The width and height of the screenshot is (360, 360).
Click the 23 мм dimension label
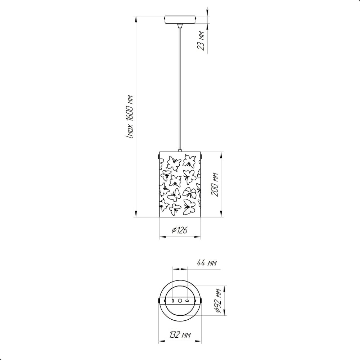(201, 40)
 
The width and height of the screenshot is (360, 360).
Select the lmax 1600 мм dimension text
(130, 117)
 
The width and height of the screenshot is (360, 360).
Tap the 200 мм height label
(215, 184)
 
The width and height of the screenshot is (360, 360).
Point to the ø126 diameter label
(180, 230)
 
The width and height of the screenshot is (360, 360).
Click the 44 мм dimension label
(207, 263)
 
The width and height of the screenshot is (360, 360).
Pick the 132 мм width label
(180, 335)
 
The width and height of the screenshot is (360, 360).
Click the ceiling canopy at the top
(180, 19)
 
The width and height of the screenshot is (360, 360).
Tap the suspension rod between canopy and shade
(180, 89)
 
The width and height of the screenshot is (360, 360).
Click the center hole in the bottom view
(180, 301)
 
